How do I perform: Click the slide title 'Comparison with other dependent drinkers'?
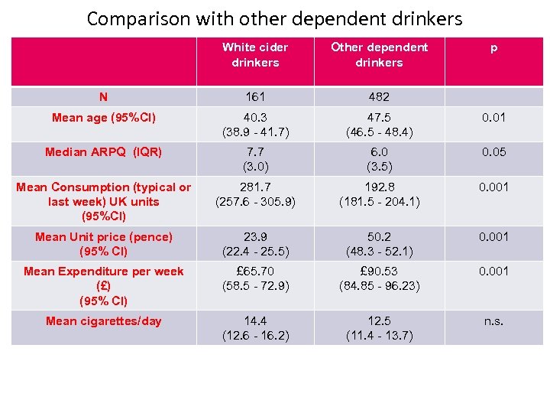click(x=274, y=18)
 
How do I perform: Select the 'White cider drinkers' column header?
click(x=255, y=55)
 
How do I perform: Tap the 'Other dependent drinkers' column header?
click(x=379, y=55)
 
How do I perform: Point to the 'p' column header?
click(x=493, y=47)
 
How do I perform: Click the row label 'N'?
click(x=103, y=97)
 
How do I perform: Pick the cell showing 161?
click(x=255, y=97)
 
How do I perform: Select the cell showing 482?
click(x=379, y=97)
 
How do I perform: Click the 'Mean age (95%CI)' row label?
click(x=103, y=118)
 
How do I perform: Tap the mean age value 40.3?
click(x=255, y=118)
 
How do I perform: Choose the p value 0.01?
click(x=493, y=118)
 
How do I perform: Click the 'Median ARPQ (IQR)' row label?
click(x=103, y=152)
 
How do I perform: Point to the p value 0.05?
click(x=493, y=152)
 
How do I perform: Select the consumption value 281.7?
click(x=255, y=187)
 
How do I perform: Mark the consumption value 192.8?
click(x=379, y=187)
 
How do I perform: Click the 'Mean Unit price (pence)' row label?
click(x=103, y=244)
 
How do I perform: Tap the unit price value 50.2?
click(x=379, y=237)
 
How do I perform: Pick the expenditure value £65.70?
click(x=255, y=272)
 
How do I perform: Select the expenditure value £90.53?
click(x=379, y=272)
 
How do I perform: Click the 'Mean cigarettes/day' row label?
click(x=103, y=321)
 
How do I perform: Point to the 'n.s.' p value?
click(x=493, y=321)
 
